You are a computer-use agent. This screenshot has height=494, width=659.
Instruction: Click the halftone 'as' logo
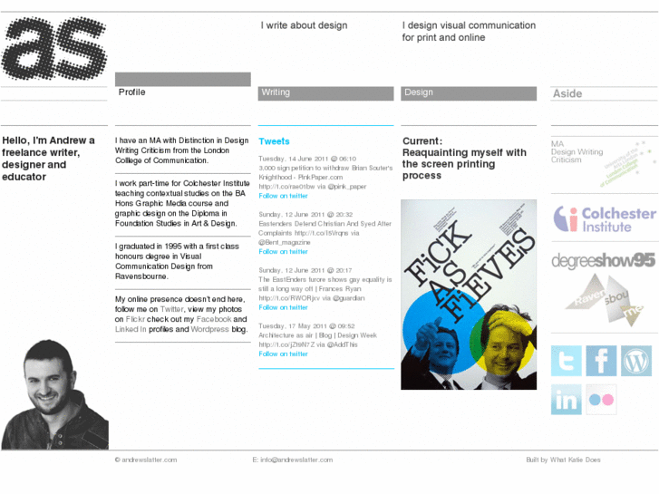(54, 50)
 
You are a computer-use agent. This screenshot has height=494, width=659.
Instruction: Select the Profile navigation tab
(132, 92)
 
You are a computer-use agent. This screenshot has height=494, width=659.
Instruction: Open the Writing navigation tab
(276, 92)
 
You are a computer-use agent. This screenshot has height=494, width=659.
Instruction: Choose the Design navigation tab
(419, 92)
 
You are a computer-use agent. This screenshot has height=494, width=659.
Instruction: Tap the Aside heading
(567, 93)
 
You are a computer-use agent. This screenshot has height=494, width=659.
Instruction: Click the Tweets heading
(274, 141)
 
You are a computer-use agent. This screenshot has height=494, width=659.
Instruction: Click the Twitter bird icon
(567, 361)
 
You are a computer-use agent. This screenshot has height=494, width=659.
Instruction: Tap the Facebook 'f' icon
(601, 361)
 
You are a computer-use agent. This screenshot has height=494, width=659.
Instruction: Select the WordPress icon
(636, 361)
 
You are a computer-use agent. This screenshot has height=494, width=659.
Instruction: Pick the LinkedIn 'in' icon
(567, 399)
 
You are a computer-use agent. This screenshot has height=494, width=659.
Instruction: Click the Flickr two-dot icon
(601, 399)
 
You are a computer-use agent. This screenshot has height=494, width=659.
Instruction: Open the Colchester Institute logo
(605, 219)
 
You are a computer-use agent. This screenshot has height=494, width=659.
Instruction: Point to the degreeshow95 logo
(604, 261)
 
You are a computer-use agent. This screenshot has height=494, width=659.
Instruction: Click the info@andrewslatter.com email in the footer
(300, 460)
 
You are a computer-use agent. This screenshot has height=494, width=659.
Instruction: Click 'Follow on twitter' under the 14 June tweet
(283, 196)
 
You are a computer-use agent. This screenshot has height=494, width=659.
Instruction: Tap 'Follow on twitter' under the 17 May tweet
(283, 354)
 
